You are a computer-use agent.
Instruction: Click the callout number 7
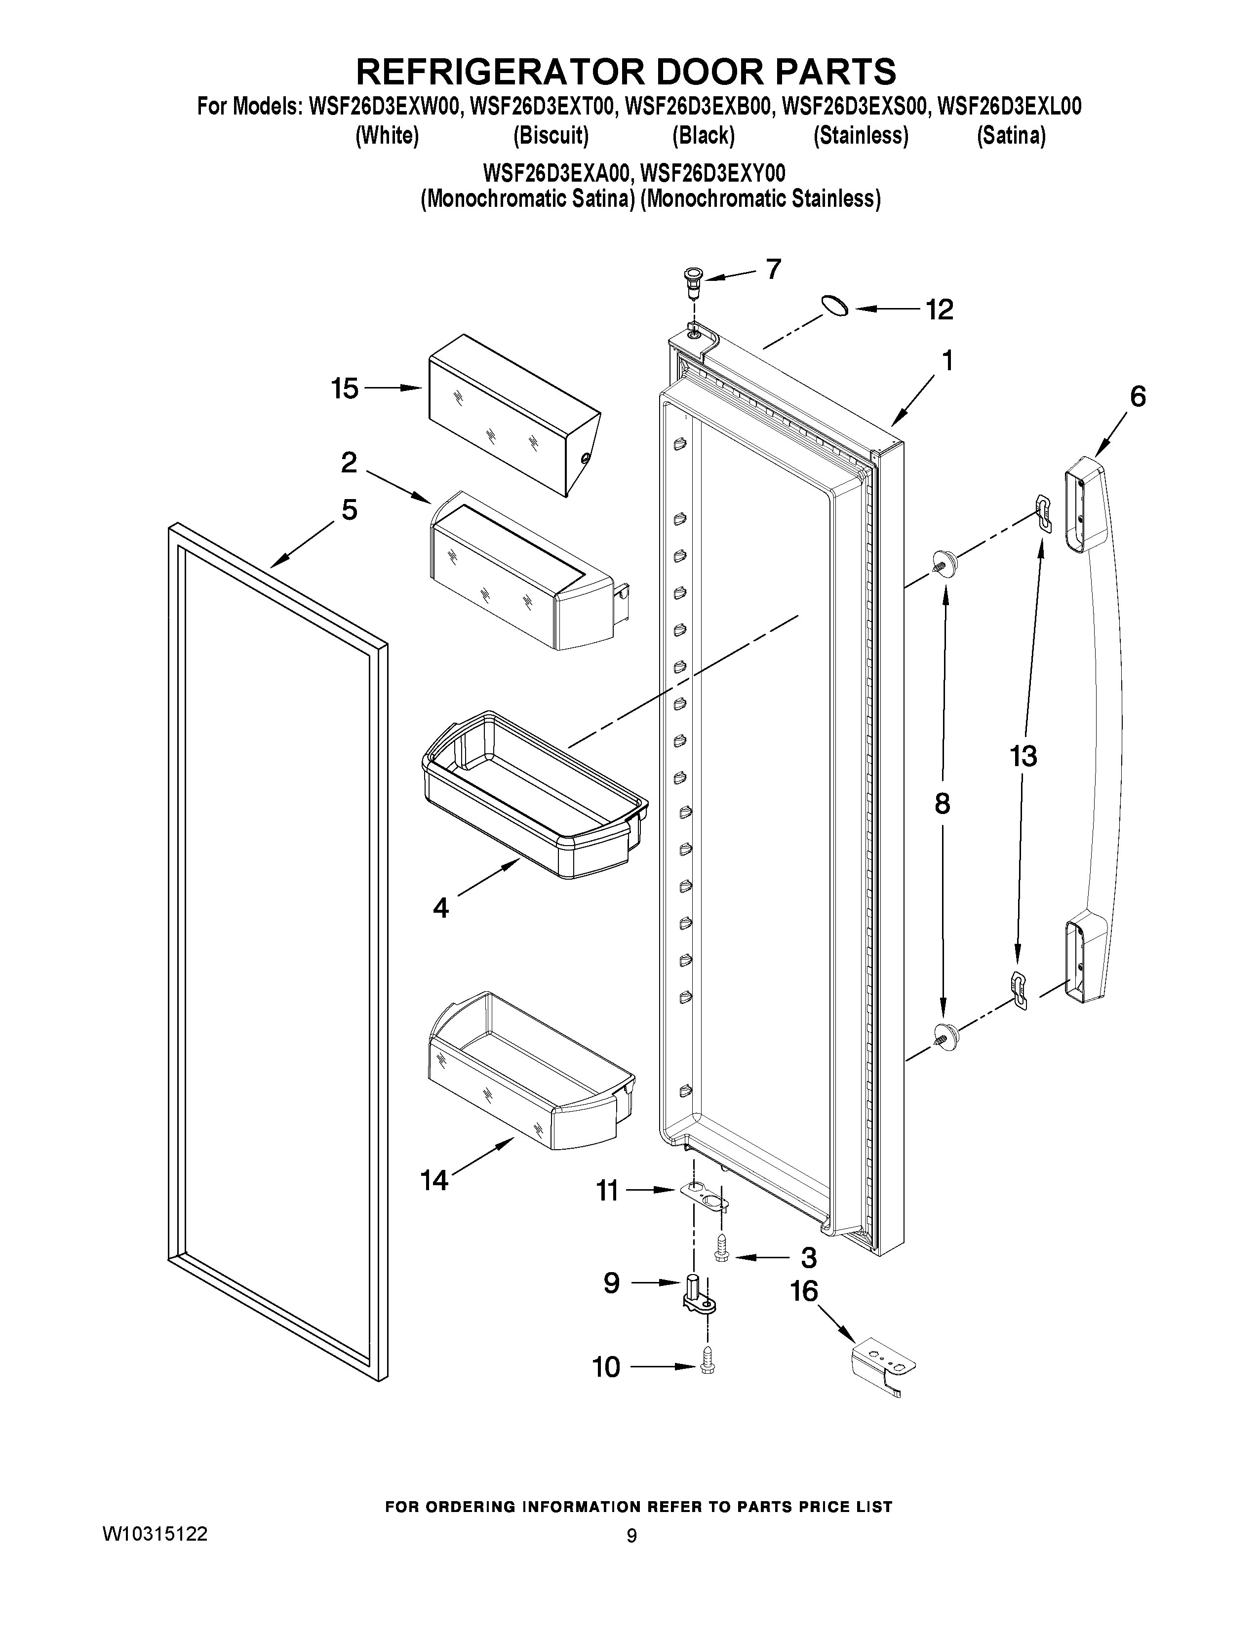(x=774, y=269)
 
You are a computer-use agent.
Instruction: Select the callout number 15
(x=345, y=388)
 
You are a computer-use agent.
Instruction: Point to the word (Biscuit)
(x=551, y=136)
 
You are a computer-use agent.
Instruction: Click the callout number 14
(x=434, y=1180)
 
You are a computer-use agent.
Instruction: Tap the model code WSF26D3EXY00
(x=713, y=174)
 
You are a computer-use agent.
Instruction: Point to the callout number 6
(x=1138, y=396)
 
